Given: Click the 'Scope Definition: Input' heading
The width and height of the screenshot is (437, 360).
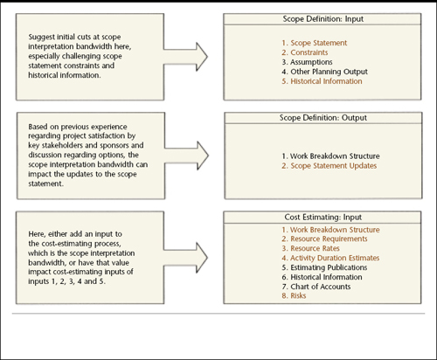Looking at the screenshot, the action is click(x=323, y=19).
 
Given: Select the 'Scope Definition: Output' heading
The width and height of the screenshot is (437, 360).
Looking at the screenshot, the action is click(x=323, y=118).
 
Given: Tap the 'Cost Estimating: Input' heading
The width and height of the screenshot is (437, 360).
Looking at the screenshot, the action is click(x=323, y=217).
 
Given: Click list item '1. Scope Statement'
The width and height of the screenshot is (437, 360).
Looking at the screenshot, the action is click(x=315, y=43).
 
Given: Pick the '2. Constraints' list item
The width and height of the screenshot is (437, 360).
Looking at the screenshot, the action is click(x=305, y=52).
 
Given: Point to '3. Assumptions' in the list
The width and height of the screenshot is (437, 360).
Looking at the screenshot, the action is click(x=307, y=62).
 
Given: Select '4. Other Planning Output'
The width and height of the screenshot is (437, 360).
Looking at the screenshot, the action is click(x=324, y=72).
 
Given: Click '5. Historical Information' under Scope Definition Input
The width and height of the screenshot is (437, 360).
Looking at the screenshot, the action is click(x=322, y=81).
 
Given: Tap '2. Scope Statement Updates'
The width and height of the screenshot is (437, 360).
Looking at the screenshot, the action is click(x=329, y=166).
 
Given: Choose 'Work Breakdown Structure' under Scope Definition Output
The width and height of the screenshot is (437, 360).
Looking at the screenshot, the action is click(x=335, y=156).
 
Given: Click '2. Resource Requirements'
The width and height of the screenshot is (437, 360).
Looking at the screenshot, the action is click(x=324, y=239).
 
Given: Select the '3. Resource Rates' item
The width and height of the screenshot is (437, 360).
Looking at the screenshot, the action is click(x=310, y=248).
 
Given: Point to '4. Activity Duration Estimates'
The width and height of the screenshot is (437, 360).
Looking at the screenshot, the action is click(x=330, y=258).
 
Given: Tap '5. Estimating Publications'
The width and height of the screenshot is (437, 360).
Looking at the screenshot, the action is click(x=324, y=267).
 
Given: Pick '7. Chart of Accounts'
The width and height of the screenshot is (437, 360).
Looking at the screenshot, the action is click(x=316, y=287).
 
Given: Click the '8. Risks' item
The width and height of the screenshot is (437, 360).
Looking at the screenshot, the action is click(x=294, y=295).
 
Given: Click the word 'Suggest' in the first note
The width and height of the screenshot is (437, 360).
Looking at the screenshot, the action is click(x=41, y=38).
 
